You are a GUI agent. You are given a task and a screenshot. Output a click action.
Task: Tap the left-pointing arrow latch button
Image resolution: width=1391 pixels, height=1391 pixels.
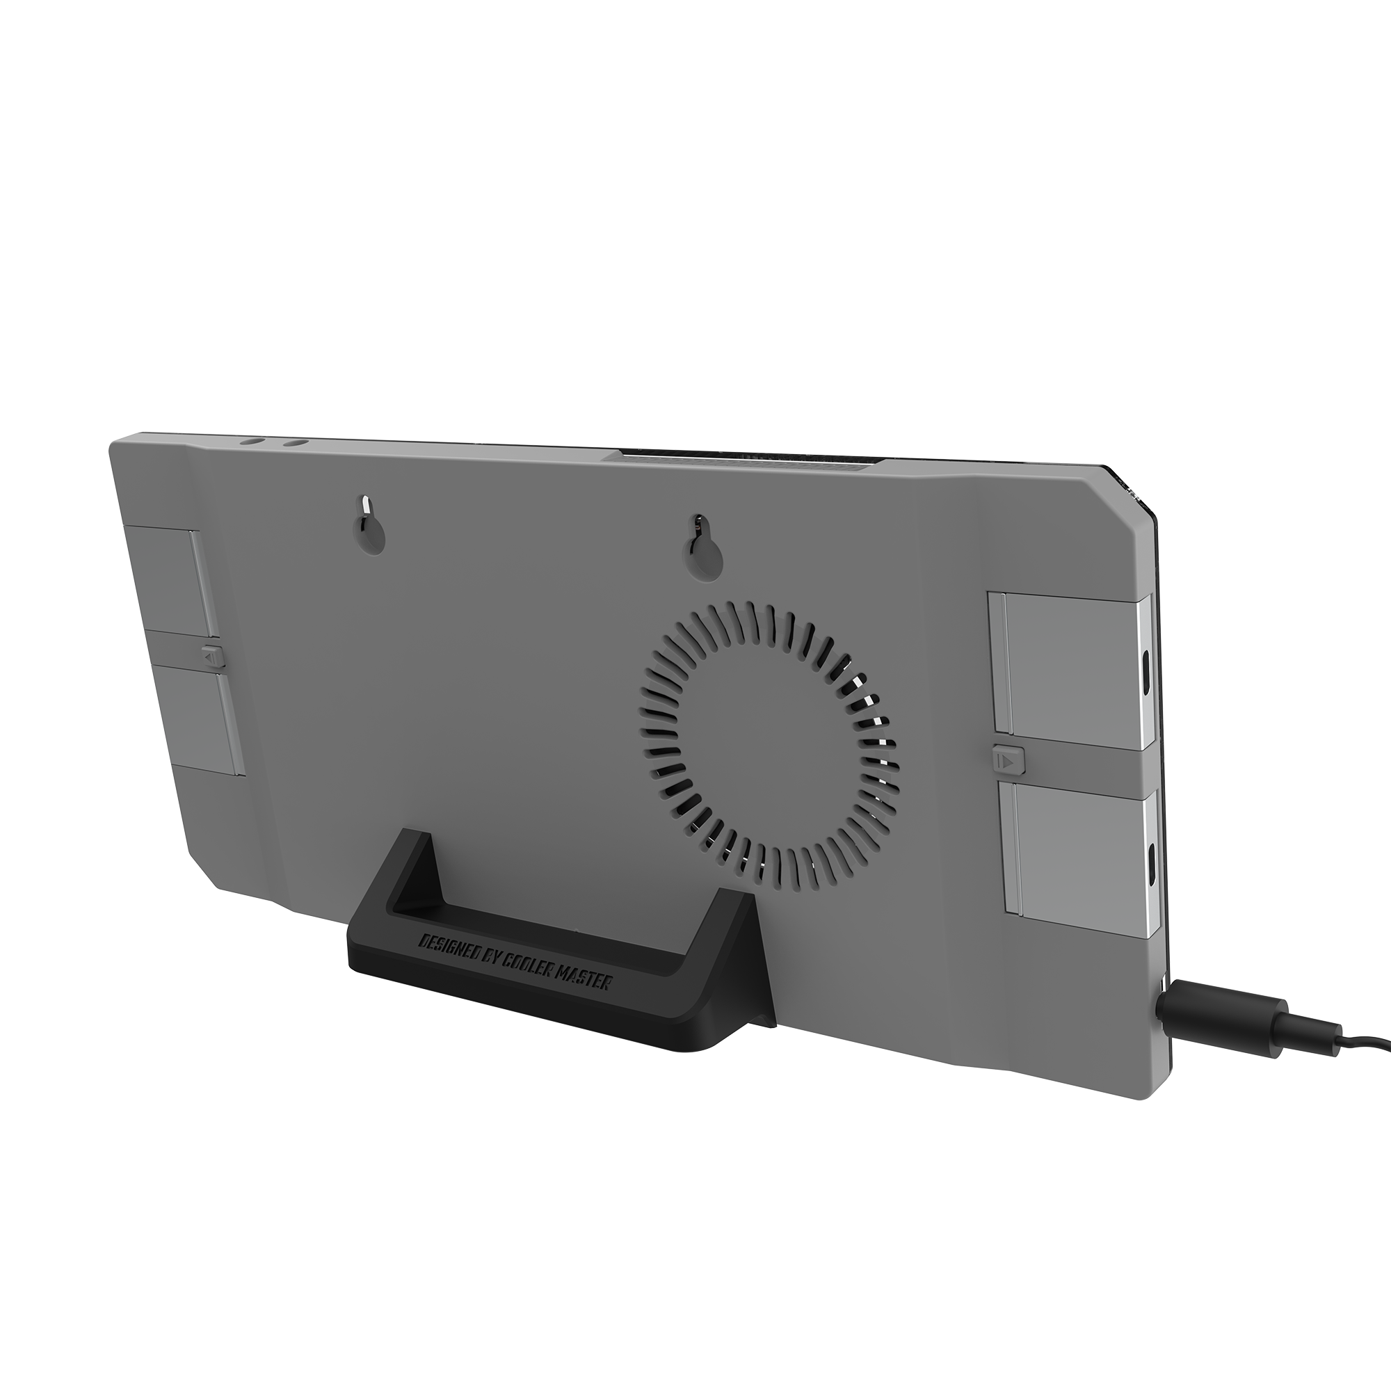(x=210, y=657)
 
